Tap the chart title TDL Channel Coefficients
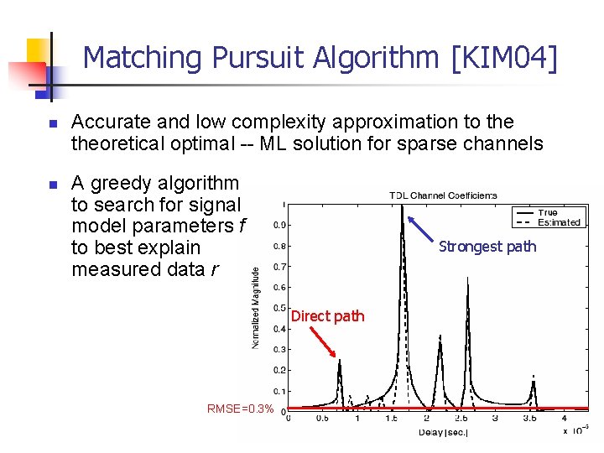(442, 195)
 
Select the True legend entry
(548, 213)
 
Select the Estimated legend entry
(559, 222)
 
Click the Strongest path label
(487, 246)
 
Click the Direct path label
(327, 316)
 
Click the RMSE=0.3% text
(240, 409)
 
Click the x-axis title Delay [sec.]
(443, 433)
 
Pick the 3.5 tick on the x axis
(530, 418)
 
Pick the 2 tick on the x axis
(426, 418)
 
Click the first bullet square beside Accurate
(51, 124)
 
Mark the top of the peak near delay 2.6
(467, 277)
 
